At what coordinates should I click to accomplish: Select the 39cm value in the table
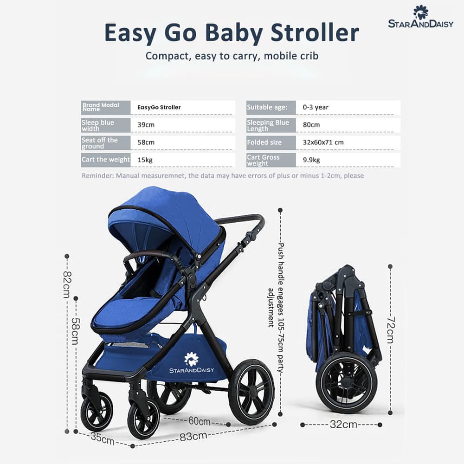click(146, 125)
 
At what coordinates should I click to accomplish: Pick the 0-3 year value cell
click(316, 107)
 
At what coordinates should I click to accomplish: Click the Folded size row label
click(264, 142)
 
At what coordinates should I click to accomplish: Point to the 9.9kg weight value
click(311, 160)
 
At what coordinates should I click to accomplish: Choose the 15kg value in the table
click(146, 160)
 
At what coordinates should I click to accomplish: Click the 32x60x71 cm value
click(323, 142)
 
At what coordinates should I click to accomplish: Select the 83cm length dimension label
click(193, 436)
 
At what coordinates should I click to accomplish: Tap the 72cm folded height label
click(390, 330)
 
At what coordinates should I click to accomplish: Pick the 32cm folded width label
click(343, 424)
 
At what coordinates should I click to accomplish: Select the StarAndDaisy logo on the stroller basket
click(192, 362)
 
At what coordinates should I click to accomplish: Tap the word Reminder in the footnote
click(97, 176)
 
